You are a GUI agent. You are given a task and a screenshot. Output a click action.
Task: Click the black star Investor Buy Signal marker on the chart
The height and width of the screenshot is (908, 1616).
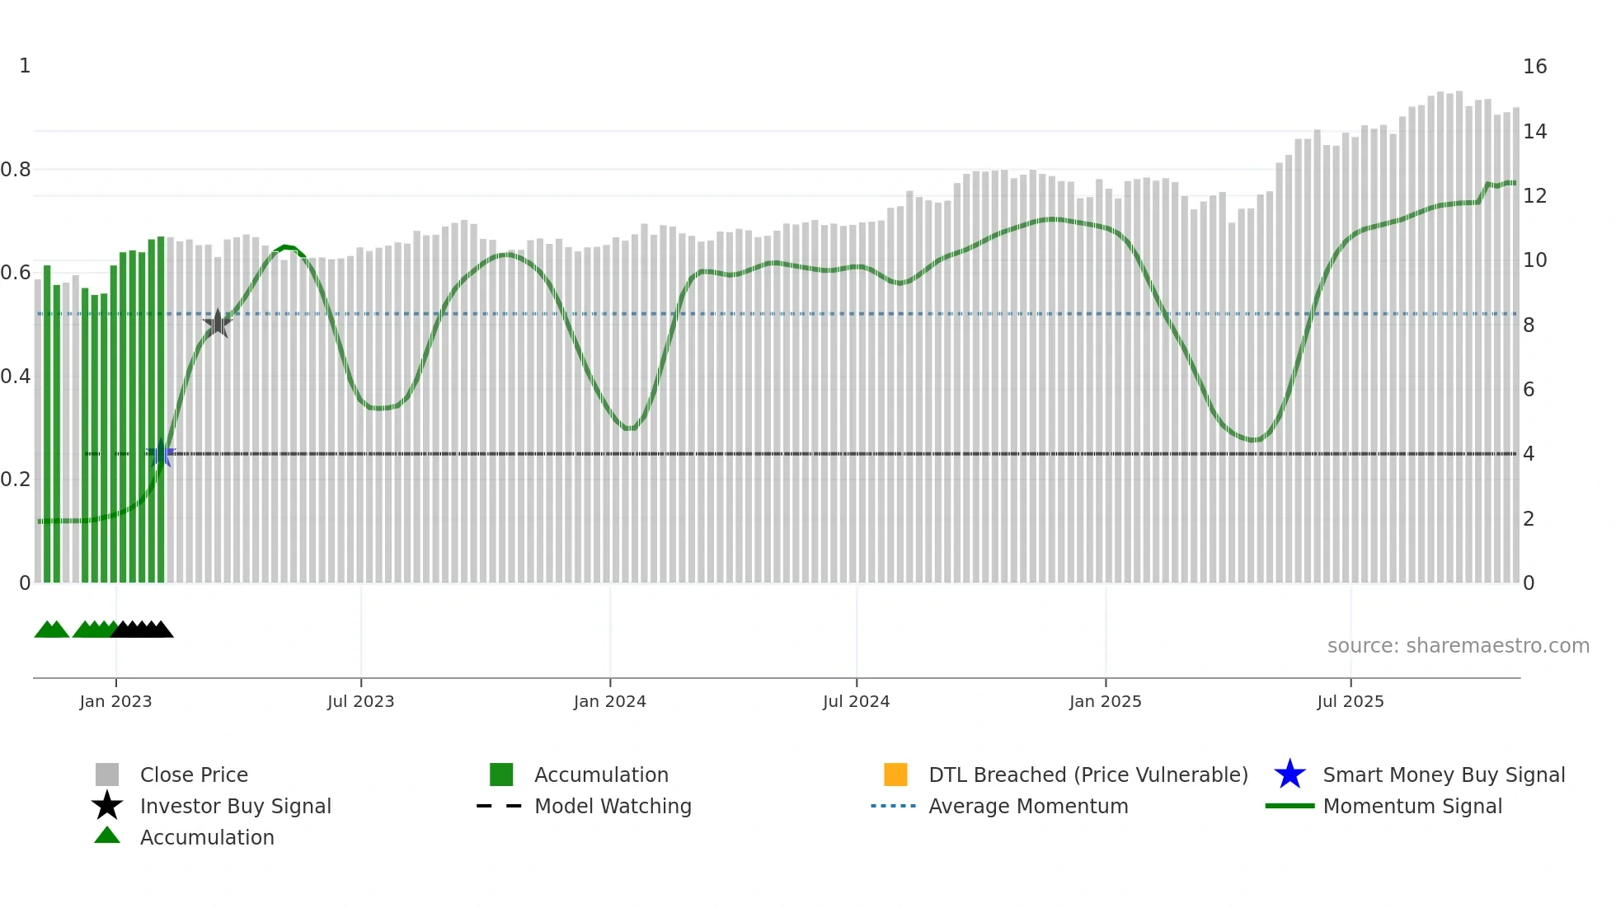coord(218,323)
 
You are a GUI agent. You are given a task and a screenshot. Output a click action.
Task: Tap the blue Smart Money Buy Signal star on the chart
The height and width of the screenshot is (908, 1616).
coord(161,454)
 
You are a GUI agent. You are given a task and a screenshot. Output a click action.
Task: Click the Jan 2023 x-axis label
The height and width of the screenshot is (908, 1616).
coord(115,701)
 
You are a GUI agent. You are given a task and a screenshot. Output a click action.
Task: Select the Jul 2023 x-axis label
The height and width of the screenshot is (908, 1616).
coord(360,701)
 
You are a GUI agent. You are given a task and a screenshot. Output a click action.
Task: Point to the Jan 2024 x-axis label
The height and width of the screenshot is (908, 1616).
coord(609,701)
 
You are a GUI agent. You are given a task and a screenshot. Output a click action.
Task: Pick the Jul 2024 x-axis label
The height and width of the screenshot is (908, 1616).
coord(856,701)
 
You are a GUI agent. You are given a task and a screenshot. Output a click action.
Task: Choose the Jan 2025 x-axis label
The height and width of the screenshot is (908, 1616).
coord(1105,701)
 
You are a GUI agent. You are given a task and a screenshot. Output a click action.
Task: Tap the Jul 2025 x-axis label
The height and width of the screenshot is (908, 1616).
coord(1350,701)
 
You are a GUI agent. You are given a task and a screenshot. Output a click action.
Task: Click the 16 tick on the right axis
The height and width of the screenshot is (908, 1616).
coord(1534,67)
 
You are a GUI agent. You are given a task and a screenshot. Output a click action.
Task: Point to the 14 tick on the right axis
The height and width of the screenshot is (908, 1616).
coord(1534,131)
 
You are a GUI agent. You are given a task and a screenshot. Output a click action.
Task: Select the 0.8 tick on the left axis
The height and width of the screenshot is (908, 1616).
coord(16,170)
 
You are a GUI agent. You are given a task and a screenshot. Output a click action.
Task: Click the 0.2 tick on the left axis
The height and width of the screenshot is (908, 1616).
coord(16,480)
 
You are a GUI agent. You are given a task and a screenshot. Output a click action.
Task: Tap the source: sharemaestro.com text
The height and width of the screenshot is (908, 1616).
coord(1458,646)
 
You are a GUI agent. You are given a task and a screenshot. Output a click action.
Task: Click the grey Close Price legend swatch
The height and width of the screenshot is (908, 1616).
coord(107,775)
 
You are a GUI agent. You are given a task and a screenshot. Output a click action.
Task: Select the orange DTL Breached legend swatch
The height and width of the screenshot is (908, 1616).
coord(895,775)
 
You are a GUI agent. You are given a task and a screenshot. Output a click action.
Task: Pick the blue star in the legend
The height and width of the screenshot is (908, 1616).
coord(1290,775)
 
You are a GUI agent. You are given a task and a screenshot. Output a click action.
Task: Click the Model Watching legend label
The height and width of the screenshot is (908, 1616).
coord(613,806)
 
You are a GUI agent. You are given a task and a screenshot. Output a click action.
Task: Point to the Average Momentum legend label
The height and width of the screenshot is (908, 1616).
coord(1028,806)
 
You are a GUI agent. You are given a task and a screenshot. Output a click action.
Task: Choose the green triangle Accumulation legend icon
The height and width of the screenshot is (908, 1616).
coord(107,835)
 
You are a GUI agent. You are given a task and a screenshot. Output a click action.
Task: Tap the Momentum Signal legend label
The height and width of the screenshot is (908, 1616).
coord(1412,806)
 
